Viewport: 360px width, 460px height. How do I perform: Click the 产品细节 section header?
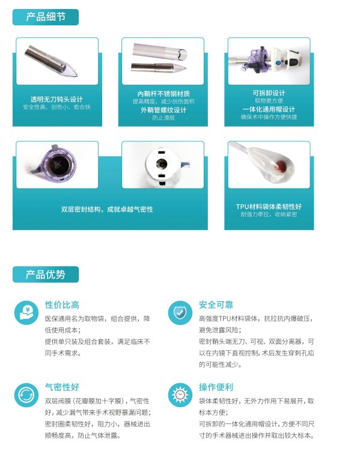tap(46, 17)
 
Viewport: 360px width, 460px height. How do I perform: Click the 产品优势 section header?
tap(46, 274)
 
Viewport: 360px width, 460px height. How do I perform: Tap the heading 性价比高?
tap(62, 305)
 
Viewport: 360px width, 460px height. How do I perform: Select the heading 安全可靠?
tap(216, 305)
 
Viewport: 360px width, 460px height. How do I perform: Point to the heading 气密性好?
tap(62, 387)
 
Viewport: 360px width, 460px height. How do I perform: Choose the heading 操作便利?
tap(216, 387)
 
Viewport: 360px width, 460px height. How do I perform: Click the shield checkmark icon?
tap(180, 312)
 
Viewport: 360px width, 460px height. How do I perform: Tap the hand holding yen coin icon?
tap(26, 312)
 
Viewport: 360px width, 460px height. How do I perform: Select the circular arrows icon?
tap(26, 395)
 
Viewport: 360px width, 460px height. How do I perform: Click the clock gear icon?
tap(180, 395)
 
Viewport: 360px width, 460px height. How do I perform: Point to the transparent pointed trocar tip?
tap(70, 71)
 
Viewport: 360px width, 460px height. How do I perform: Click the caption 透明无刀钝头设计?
tap(56, 100)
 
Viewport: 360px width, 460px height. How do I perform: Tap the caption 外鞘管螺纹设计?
tap(163, 110)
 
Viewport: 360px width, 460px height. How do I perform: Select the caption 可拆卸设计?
tap(269, 93)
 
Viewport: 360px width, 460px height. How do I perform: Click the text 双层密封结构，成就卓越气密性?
tap(107, 210)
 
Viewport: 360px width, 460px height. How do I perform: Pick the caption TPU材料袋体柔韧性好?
tap(269, 207)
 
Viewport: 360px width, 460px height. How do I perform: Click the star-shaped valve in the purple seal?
tap(62, 164)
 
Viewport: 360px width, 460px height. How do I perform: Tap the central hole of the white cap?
tap(161, 163)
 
